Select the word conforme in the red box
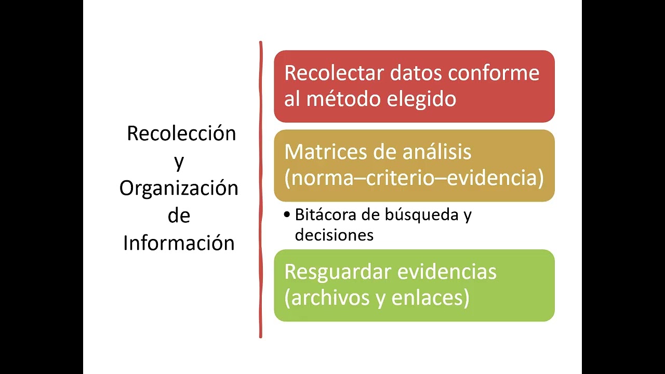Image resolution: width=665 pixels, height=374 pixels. tap(494, 73)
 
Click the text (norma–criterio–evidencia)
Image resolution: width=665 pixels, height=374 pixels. tap(414, 178)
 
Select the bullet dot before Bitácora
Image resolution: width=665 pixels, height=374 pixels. tap(287, 215)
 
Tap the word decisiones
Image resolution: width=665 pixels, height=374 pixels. tap(334, 235)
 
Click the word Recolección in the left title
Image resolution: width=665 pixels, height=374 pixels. tap(181, 133)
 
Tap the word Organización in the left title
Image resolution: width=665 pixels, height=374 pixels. tap(179, 188)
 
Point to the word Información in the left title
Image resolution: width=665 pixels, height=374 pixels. tap(179, 243)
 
